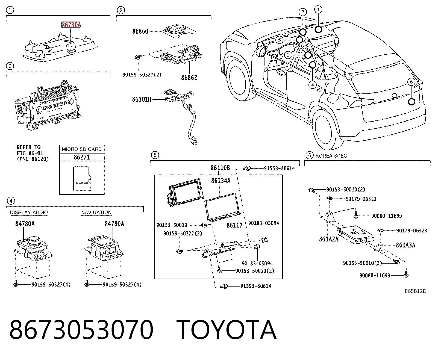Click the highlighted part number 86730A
(71, 25)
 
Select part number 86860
(140, 31)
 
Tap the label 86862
(189, 78)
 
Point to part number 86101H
(142, 99)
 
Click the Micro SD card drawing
(82, 179)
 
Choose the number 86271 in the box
(82, 157)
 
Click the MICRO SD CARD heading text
(82, 149)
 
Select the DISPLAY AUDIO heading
(29, 212)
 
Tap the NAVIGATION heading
(96, 212)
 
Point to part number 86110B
(220, 168)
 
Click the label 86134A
(221, 181)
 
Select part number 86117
(235, 225)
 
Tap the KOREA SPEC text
(331, 156)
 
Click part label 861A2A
(329, 239)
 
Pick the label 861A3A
(405, 245)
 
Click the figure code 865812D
(416, 291)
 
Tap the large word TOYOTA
(227, 330)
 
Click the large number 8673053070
(81, 330)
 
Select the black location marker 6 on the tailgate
(412, 102)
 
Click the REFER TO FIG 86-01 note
(33, 153)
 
